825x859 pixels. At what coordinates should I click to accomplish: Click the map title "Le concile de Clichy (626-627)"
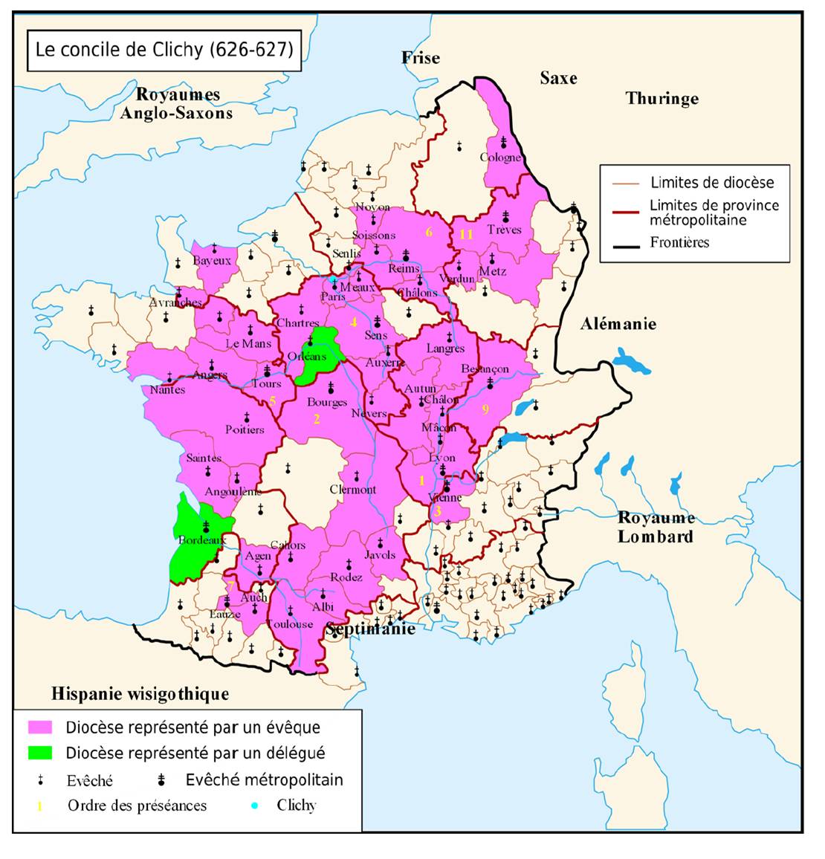pyautogui.click(x=164, y=50)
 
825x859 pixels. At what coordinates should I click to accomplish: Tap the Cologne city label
pyautogui.click(x=500, y=158)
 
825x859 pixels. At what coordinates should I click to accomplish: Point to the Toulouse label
pyautogui.click(x=290, y=623)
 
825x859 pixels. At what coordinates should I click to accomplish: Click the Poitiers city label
pyautogui.click(x=245, y=429)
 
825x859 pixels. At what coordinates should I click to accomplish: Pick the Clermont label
pyautogui.click(x=353, y=490)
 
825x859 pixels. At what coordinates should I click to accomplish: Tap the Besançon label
pyautogui.click(x=485, y=369)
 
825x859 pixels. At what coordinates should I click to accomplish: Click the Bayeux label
pyautogui.click(x=212, y=261)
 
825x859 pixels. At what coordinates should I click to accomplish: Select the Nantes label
pyautogui.click(x=167, y=389)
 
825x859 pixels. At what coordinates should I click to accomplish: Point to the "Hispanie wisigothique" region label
pyautogui.click(x=140, y=694)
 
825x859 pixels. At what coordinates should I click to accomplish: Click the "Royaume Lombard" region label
pyautogui.click(x=656, y=527)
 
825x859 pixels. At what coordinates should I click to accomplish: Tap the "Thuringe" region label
pyautogui.click(x=661, y=98)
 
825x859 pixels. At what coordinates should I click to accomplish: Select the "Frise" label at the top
pyautogui.click(x=421, y=58)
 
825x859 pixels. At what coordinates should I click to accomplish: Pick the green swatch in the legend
pyautogui.click(x=40, y=753)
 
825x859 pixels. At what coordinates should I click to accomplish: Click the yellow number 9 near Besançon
pyautogui.click(x=485, y=409)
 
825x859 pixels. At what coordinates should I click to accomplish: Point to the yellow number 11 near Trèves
pyautogui.click(x=466, y=234)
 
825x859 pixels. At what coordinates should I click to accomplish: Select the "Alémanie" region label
pyautogui.click(x=618, y=324)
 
